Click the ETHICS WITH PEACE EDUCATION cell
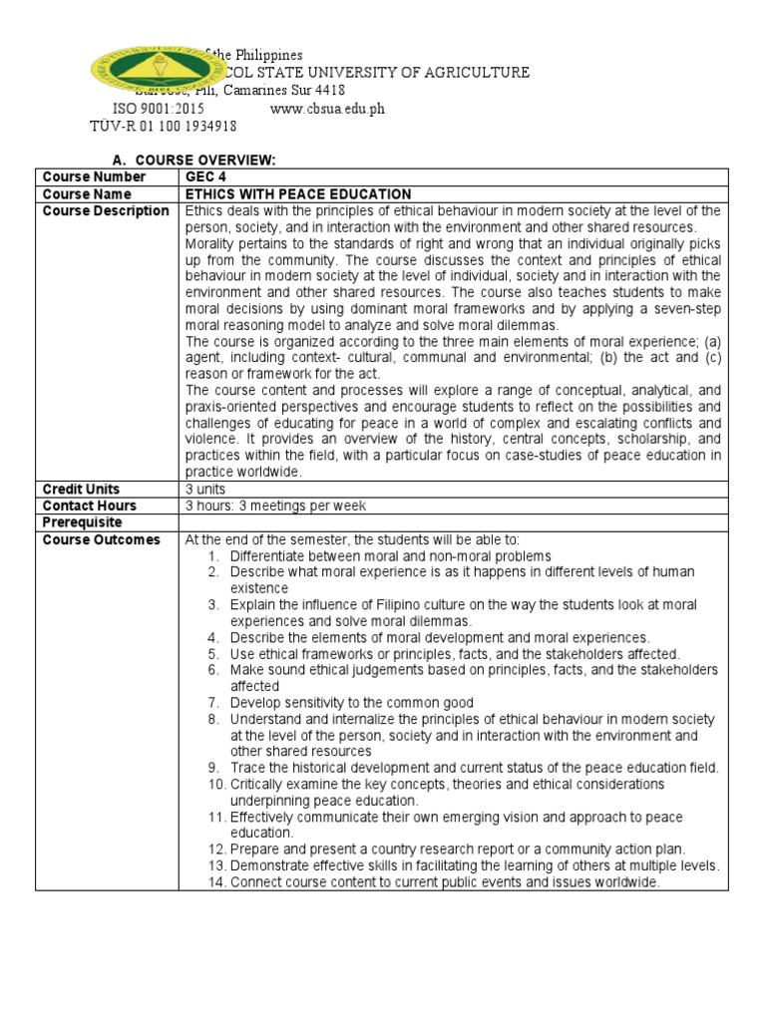tap(298, 193)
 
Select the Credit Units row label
tap(81, 489)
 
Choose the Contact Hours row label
tap(89, 506)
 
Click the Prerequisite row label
tap(82, 522)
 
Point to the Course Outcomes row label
tap(101, 539)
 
